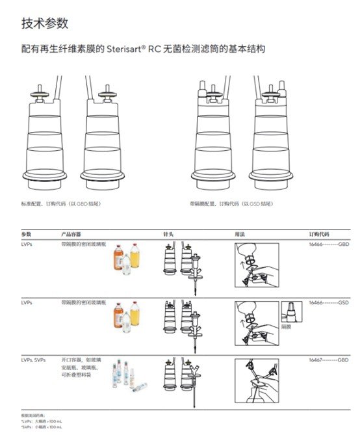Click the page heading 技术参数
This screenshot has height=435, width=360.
coord(44,24)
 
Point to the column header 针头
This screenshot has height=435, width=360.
coord(168,233)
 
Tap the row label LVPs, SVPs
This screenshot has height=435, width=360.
coord(33,360)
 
